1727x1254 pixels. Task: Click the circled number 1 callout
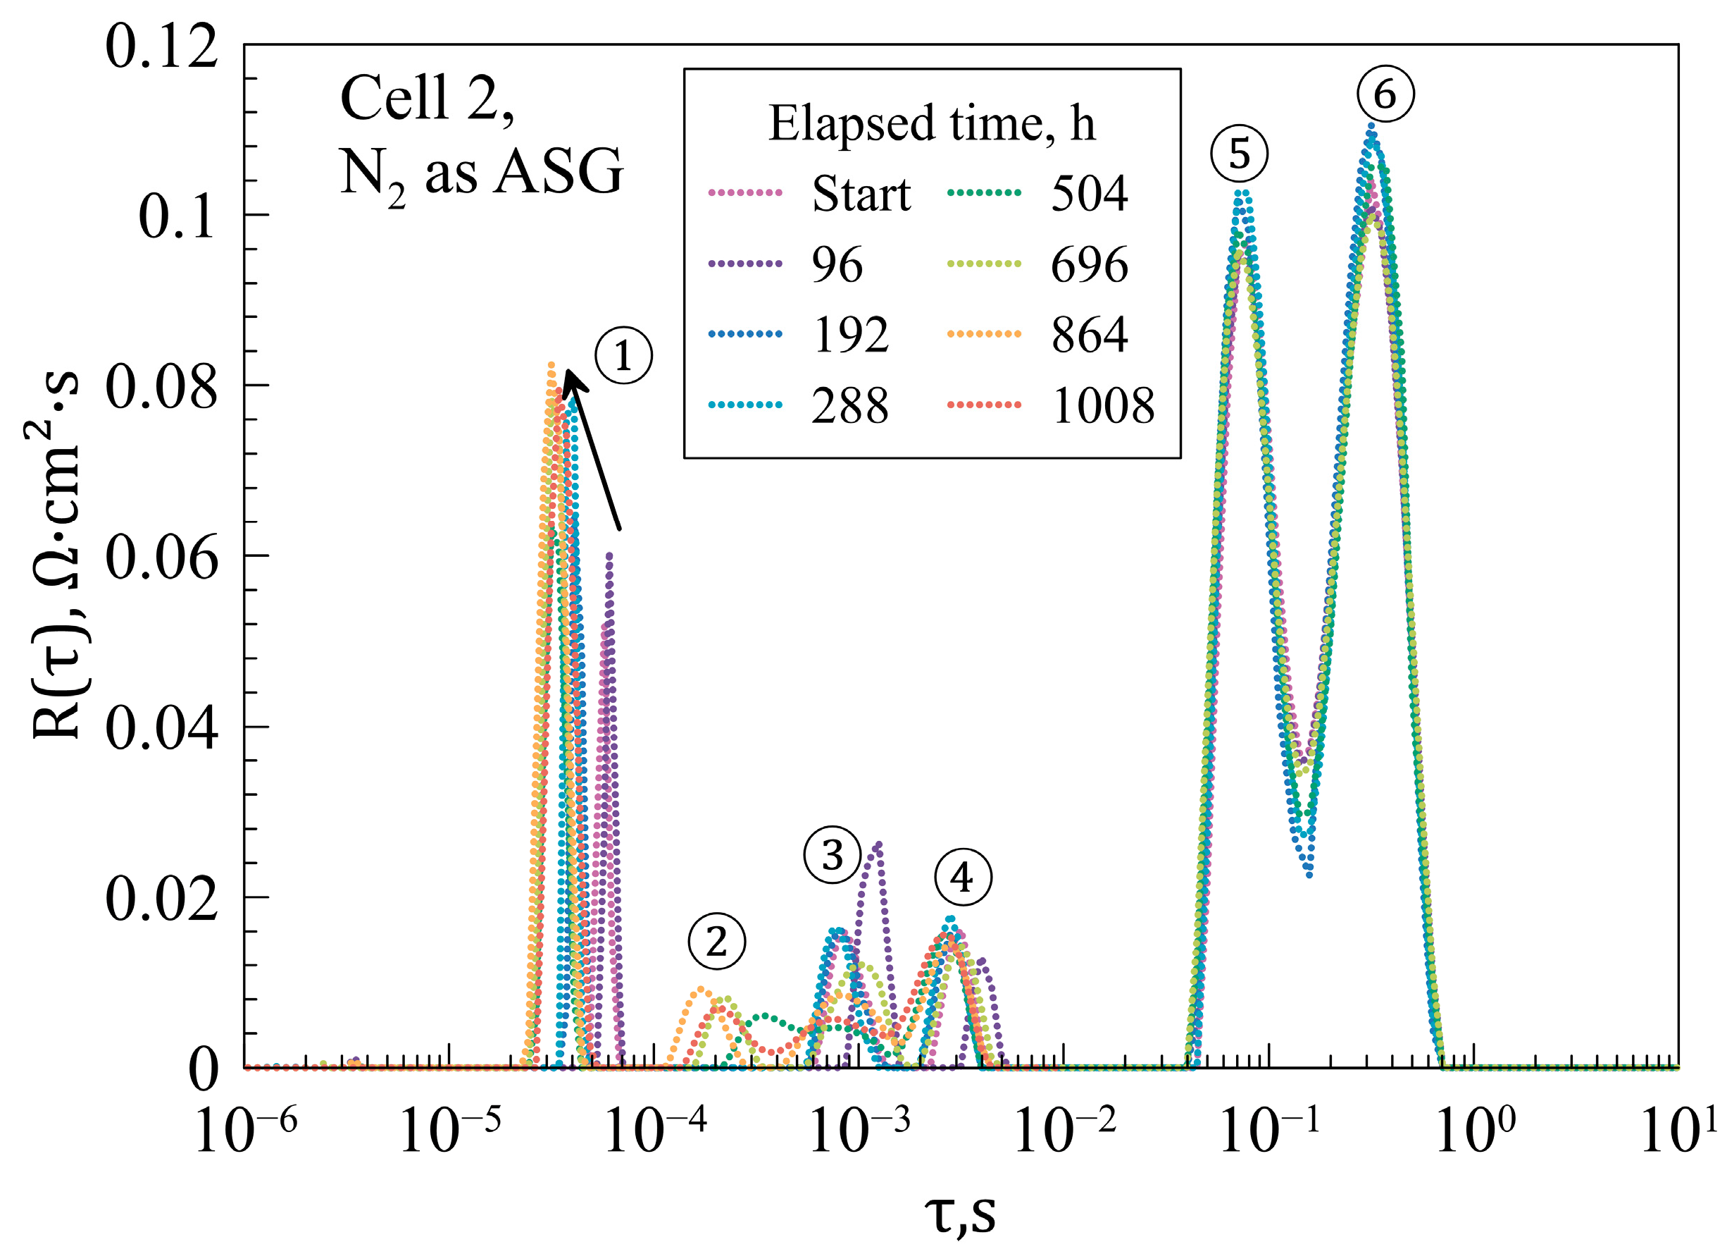pyautogui.click(x=623, y=356)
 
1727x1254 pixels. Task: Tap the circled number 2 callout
pyautogui.click(x=716, y=942)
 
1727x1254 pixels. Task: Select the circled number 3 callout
pyautogui.click(x=833, y=855)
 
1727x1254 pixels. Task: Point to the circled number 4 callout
pyautogui.click(x=963, y=878)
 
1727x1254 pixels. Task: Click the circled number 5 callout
pyautogui.click(x=1239, y=154)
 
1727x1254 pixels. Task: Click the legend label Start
pyautogui.click(x=861, y=195)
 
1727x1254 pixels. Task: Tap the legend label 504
pyautogui.click(x=1089, y=195)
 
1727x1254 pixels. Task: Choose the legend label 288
pyautogui.click(x=850, y=405)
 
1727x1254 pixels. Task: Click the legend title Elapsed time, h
pyautogui.click(x=932, y=123)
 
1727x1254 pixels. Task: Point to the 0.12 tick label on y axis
pyautogui.click(x=161, y=47)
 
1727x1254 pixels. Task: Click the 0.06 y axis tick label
pyautogui.click(x=161, y=558)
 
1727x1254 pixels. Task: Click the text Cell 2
pyautogui.click(x=426, y=99)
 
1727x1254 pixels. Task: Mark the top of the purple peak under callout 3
pyautogui.click(x=879, y=844)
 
